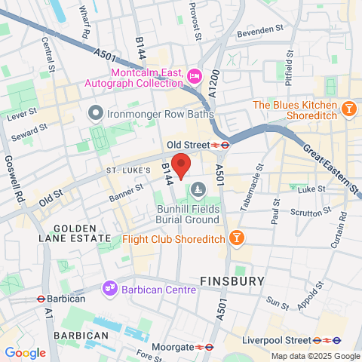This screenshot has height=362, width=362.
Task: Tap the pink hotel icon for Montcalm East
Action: (x=195, y=76)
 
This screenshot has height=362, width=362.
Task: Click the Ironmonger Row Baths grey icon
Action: (x=95, y=115)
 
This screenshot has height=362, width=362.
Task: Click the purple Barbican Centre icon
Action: (x=110, y=287)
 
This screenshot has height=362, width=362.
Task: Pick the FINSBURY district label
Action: (x=232, y=281)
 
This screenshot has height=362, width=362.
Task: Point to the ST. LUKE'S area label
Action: (x=130, y=170)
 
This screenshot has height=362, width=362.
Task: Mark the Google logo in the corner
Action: (x=25, y=353)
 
